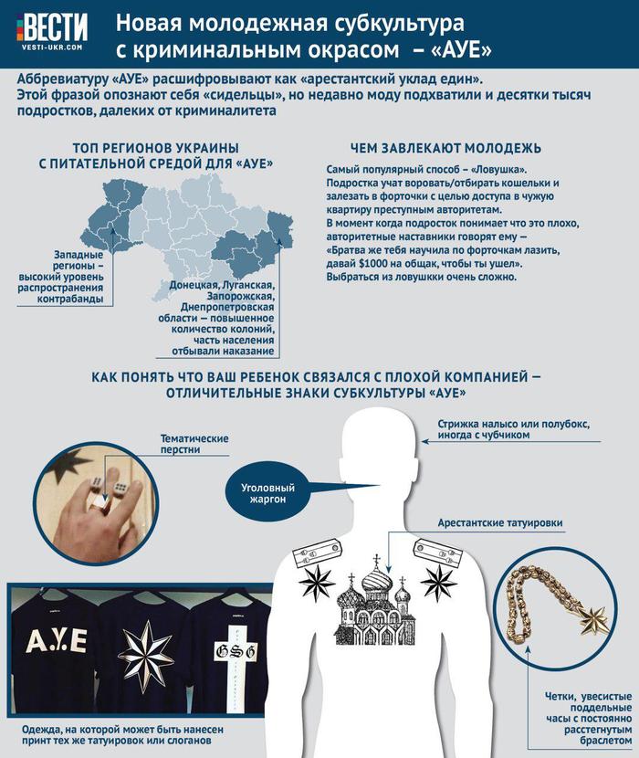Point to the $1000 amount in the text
click(384, 263)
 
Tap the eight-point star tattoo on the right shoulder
click(440, 578)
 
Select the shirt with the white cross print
click(228, 658)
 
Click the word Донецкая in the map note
click(180, 285)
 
